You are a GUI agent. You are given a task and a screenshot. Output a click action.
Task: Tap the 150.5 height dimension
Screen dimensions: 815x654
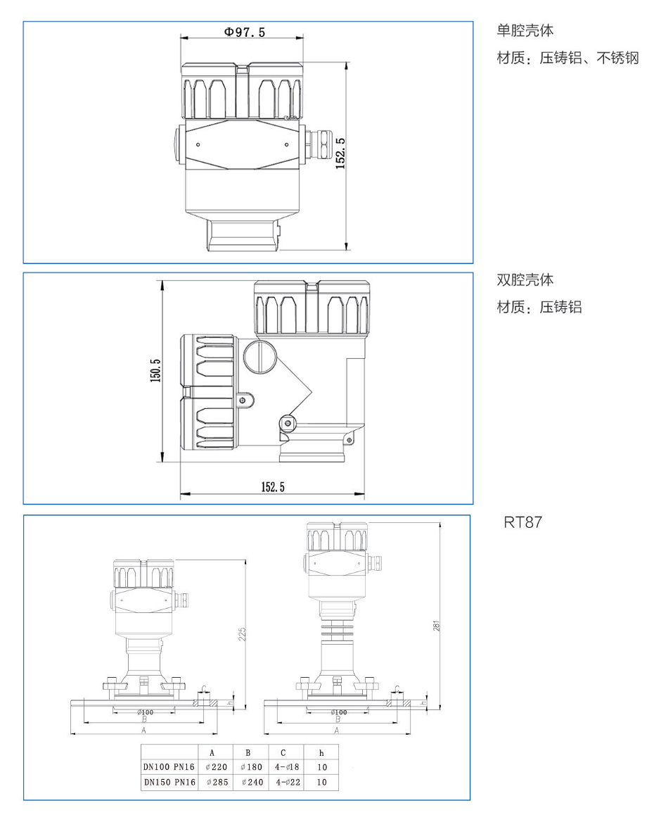click(x=156, y=370)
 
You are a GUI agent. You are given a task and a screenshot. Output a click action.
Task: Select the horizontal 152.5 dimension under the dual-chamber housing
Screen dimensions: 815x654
click(x=273, y=487)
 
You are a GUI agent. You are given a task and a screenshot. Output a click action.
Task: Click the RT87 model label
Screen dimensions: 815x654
click(x=522, y=523)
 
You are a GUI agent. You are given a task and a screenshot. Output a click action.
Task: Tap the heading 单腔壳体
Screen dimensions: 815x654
click(x=525, y=31)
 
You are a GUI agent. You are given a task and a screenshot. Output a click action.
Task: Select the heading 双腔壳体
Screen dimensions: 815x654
click(x=525, y=280)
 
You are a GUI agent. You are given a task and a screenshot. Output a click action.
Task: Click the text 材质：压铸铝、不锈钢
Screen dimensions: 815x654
click(x=568, y=58)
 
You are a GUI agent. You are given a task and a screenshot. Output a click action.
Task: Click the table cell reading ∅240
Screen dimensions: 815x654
click(x=251, y=782)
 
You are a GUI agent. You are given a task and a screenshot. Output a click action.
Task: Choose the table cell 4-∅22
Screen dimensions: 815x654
click(x=286, y=782)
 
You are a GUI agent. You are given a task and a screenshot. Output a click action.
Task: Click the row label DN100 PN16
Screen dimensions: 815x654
click(x=169, y=767)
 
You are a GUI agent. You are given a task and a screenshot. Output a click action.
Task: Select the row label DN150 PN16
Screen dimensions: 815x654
click(x=169, y=782)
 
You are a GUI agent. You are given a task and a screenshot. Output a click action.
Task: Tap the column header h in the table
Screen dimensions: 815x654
click(x=321, y=752)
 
